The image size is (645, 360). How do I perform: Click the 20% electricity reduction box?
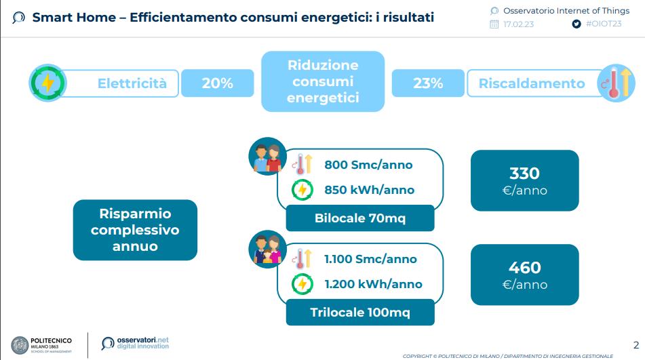point(217,83)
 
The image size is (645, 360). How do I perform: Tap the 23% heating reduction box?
point(428,83)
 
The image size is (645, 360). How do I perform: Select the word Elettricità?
point(132,83)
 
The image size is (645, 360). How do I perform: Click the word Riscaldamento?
point(532,83)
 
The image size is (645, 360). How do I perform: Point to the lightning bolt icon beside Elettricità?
point(47,83)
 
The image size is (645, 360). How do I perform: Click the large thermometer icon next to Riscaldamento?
point(617,83)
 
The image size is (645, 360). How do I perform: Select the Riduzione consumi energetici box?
point(323,81)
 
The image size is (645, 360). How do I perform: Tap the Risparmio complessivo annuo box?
point(135,230)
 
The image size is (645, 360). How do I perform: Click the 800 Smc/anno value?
point(368,165)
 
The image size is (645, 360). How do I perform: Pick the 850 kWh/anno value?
point(369,190)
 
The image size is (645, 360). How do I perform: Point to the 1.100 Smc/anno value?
point(370,259)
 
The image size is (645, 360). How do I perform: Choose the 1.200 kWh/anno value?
point(373,284)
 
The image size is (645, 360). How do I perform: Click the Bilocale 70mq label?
point(360,218)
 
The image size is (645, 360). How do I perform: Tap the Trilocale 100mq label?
point(360,313)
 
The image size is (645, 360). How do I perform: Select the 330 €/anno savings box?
point(524,180)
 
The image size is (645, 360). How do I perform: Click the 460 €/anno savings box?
point(524,275)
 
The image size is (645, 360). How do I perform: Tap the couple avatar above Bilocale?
point(267,156)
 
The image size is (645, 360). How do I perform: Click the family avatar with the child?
point(267,249)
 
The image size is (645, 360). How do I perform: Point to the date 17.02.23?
point(518,24)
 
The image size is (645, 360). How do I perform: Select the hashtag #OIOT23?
point(604,24)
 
